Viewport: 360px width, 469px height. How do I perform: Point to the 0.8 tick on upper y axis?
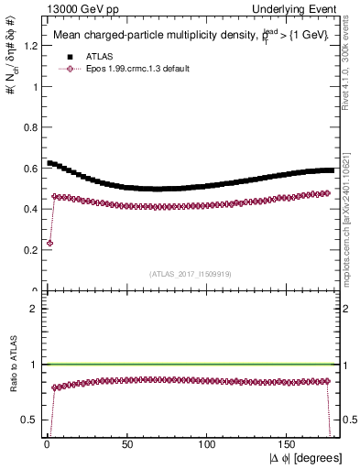pyautogui.click(x=27, y=127)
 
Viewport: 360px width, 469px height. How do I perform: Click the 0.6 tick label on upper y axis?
pyautogui.click(x=27, y=169)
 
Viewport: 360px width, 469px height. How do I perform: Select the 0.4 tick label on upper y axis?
pyautogui.click(x=27, y=209)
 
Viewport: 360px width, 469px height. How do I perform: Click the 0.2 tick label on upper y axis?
pyautogui.click(x=27, y=249)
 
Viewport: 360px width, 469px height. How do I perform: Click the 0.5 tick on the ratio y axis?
pyautogui.click(x=27, y=420)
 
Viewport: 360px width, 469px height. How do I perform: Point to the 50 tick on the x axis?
pyautogui.click(x=127, y=443)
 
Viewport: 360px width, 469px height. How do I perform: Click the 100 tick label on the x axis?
pyautogui.click(x=208, y=443)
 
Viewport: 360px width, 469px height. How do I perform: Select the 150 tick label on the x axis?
pyautogui.click(x=289, y=443)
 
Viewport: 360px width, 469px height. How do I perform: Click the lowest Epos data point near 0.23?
pyautogui.click(x=49, y=244)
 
